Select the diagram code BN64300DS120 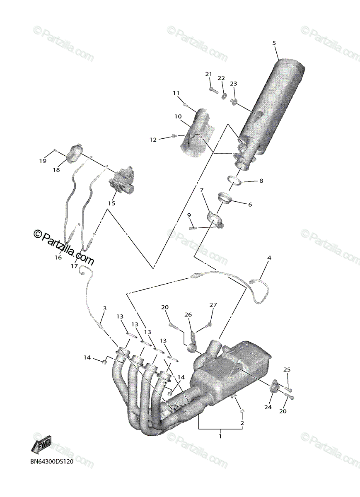click(x=51, y=462)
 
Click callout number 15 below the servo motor click(x=111, y=203)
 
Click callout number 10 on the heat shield click(x=178, y=117)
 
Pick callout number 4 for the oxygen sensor click(x=269, y=258)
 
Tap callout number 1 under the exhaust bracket click(x=220, y=436)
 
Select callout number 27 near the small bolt click(x=213, y=305)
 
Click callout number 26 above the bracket click(x=188, y=315)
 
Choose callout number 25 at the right click(x=287, y=369)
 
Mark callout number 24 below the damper click(x=268, y=407)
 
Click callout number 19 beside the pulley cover click(x=43, y=161)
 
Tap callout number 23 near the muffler click(x=234, y=84)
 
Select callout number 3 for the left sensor click(x=105, y=308)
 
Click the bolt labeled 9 click(x=193, y=227)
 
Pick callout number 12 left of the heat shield click(x=153, y=140)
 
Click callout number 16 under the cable click(x=58, y=257)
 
